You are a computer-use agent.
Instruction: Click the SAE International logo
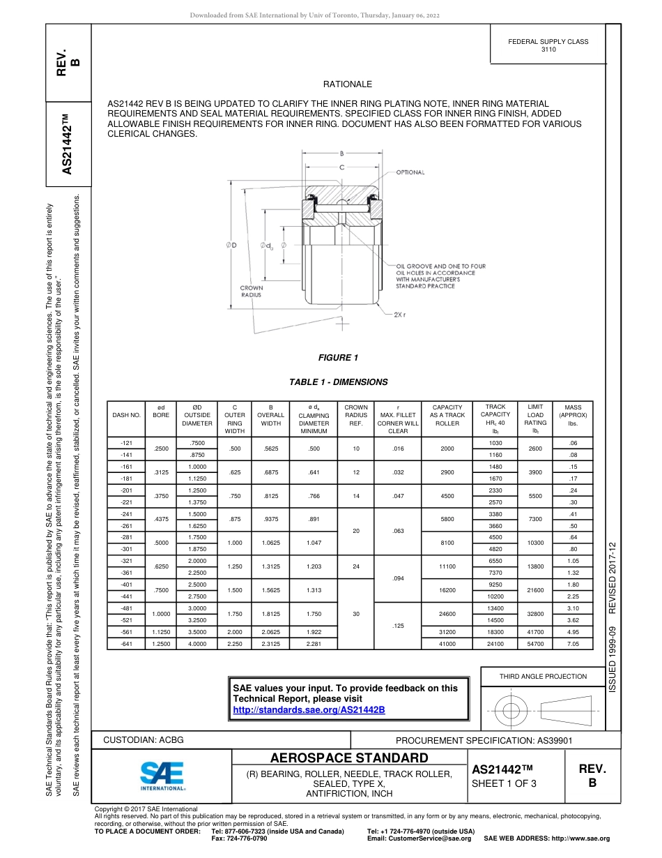(162, 775)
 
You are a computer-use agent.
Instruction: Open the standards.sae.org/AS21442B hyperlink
(309, 709)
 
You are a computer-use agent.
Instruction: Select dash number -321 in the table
(126, 561)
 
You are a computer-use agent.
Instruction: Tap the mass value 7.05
(574, 644)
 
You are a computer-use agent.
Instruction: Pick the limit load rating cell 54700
(535, 644)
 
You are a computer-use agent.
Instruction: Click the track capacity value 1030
(495, 443)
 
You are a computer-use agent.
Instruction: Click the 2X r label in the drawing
(399, 315)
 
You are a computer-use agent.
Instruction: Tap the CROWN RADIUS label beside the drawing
(251, 291)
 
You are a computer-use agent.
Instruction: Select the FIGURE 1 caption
(338, 358)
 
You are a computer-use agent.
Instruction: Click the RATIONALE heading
(348, 84)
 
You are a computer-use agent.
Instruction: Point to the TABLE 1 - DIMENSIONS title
(338, 382)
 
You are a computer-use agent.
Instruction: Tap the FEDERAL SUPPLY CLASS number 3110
(548, 50)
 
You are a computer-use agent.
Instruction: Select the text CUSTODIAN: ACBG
(144, 739)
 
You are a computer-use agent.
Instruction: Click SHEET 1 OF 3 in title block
(504, 783)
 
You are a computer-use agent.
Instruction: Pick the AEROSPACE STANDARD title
(349, 758)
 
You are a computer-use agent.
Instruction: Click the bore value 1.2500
(161, 644)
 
